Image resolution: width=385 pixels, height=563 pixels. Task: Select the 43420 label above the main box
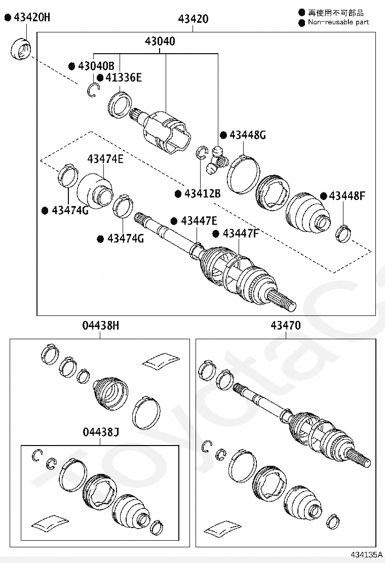(x=192, y=20)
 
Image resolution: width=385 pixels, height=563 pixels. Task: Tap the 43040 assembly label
(x=160, y=42)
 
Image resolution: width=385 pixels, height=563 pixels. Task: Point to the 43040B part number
(x=96, y=66)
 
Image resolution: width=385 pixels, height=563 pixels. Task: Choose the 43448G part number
(x=248, y=135)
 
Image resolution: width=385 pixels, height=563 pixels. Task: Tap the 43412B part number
(x=202, y=193)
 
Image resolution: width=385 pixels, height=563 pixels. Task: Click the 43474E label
(x=105, y=159)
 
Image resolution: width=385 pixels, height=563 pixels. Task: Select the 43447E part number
(x=199, y=221)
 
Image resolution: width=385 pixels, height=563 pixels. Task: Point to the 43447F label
(x=241, y=233)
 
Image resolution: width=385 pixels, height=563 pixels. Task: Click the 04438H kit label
(x=100, y=326)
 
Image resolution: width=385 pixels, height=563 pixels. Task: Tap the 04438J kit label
(x=100, y=432)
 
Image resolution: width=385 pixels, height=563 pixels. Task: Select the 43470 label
(x=285, y=326)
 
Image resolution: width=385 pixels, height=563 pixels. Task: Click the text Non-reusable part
(x=338, y=22)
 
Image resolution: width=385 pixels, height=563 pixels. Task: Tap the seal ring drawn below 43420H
(x=20, y=49)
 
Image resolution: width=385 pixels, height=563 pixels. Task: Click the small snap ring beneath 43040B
(x=92, y=90)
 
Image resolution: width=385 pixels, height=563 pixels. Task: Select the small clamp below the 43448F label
(x=344, y=233)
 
